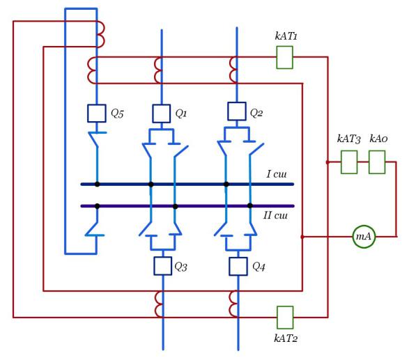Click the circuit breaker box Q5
(x=97, y=114)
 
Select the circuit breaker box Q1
(x=162, y=114)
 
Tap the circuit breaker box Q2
(x=237, y=111)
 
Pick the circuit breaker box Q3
(x=163, y=266)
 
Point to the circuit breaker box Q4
(x=238, y=267)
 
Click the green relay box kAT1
(x=284, y=57)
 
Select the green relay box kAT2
(x=285, y=318)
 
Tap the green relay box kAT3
(x=349, y=162)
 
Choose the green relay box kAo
(x=377, y=162)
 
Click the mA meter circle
(x=364, y=237)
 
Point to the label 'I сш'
(x=277, y=174)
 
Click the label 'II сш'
(x=275, y=215)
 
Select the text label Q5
(x=117, y=114)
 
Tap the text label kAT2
(x=286, y=338)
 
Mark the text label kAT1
(x=286, y=36)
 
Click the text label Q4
(x=258, y=267)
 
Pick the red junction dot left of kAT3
(x=327, y=162)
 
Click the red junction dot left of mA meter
(x=302, y=237)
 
